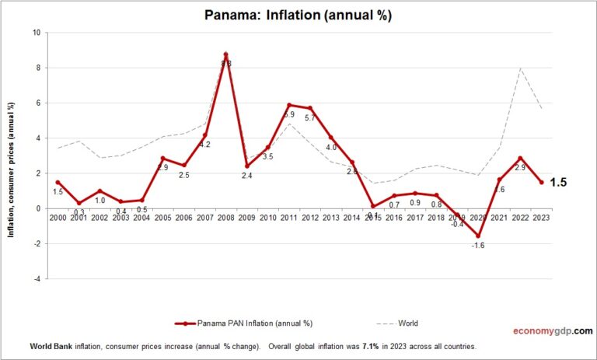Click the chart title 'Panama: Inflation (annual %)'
[298, 15]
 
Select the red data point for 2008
[225, 54]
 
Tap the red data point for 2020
[477, 236]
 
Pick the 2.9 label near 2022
[520, 167]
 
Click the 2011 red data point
[289, 105]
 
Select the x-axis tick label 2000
[58, 218]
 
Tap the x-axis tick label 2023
[540, 218]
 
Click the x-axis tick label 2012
[309, 218]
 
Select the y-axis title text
[12, 156]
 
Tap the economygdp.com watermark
[553, 330]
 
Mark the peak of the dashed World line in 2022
[519, 68]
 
